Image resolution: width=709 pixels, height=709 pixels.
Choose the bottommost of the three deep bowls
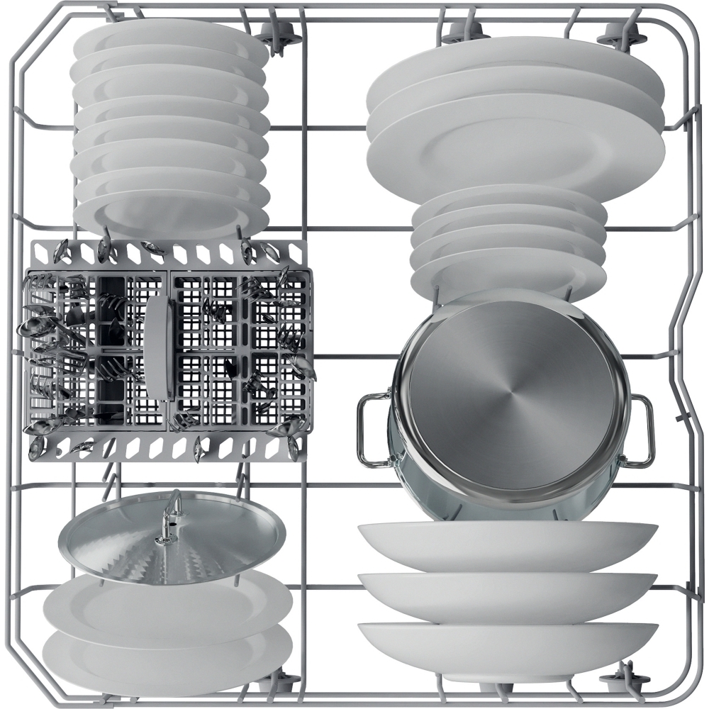click(507, 649)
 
